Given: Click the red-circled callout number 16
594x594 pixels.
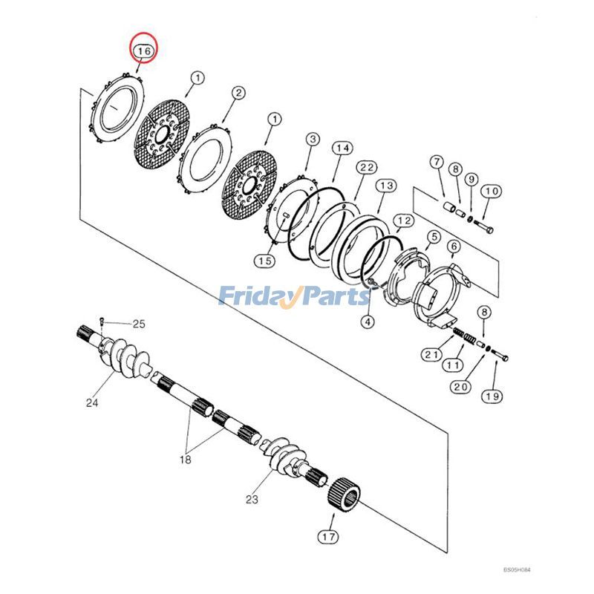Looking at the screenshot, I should pos(143,50).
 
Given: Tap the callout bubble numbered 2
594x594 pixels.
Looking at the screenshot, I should pos(238,94).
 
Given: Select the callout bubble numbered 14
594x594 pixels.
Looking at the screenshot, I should pos(341,149).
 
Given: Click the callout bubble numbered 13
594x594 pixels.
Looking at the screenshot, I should pos(386,186).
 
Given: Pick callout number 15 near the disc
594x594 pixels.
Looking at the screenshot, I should pos(264,261).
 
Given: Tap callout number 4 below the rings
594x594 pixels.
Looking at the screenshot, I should pos(368,322).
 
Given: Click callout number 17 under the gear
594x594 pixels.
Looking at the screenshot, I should pos(328,535).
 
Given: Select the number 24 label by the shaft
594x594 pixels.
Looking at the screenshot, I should pos(92,403).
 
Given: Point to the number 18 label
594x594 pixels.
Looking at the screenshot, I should pos(184,460).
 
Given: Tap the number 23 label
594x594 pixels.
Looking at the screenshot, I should pos(252,499).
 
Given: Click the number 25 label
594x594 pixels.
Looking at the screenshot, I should pos(140,324).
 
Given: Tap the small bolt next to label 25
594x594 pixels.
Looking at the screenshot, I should pos(102,322).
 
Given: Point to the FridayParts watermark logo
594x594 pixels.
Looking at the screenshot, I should pos(294,297).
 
